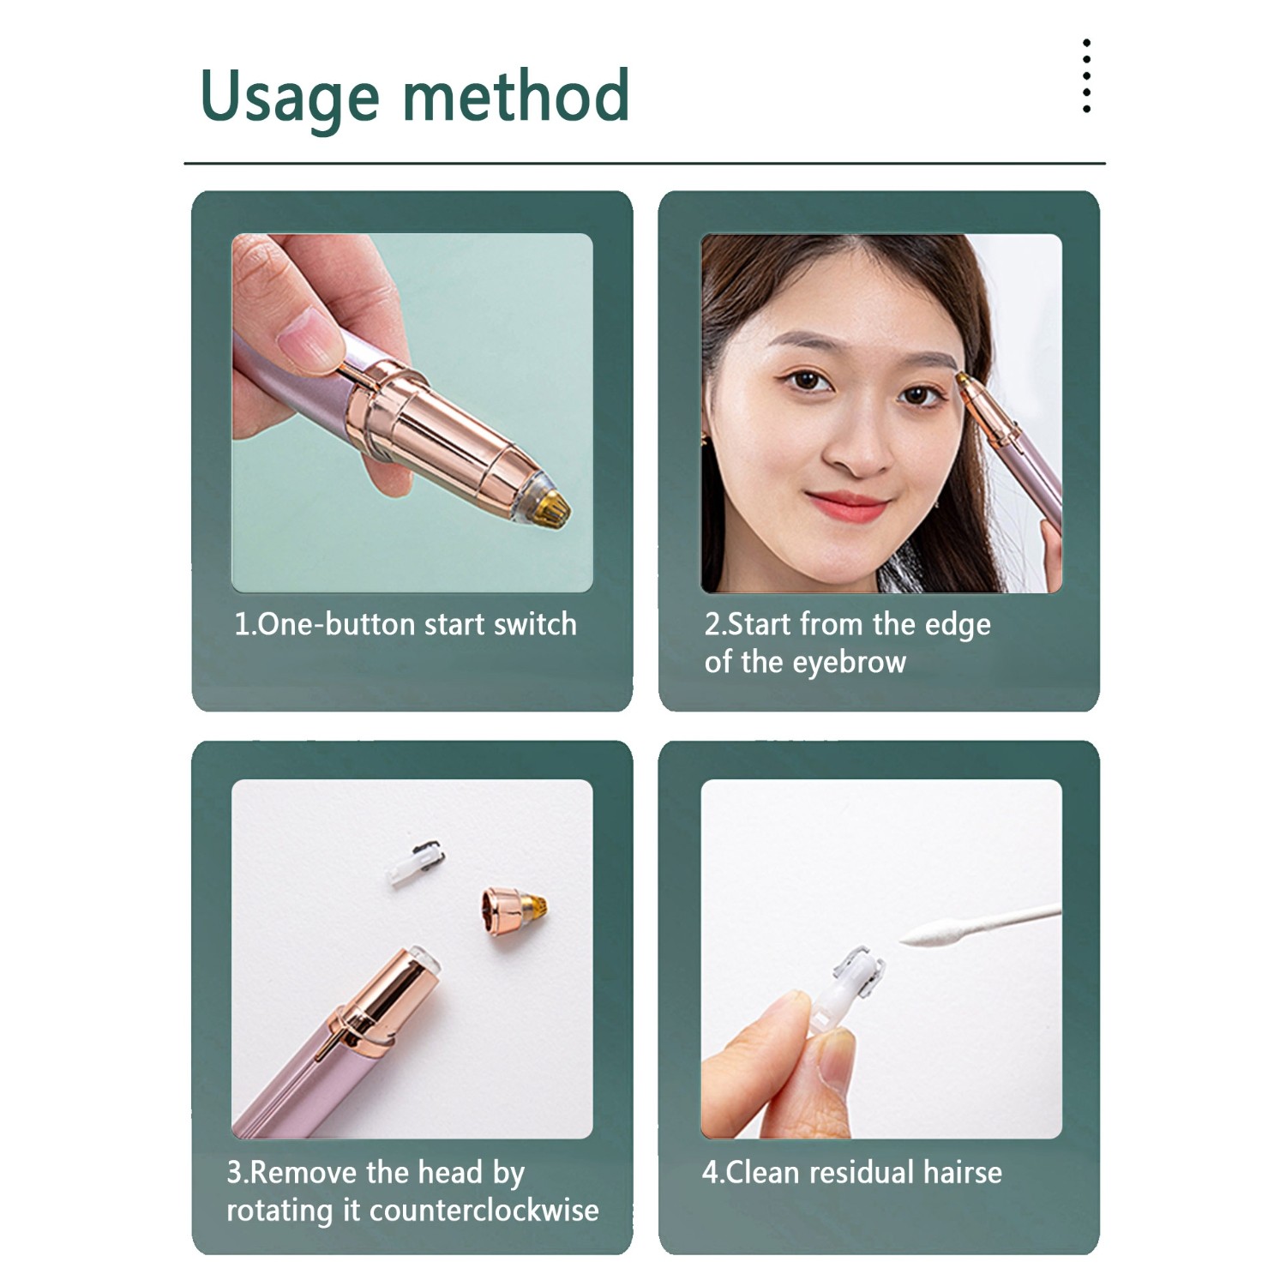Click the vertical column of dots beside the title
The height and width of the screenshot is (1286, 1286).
pos(1086,75)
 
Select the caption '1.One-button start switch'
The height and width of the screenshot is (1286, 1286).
pos(406,624)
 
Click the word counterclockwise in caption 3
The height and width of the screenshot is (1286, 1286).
pos(484,1210)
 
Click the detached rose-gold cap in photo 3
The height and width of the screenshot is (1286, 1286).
pos(514,910)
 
